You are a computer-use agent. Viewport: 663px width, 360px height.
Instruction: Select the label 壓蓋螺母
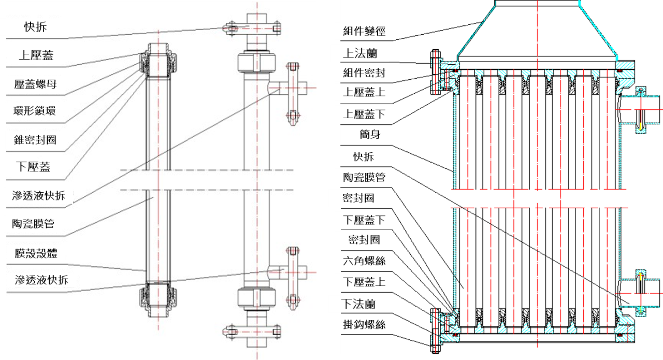click(x=36, y=83)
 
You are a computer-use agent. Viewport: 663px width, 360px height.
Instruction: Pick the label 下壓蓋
click(x=34, y=167)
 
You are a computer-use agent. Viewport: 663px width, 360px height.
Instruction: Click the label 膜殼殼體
click(x=36, y=253)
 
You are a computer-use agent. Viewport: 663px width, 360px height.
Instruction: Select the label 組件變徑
click(x=364, y=32)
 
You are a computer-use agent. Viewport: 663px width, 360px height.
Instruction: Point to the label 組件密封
click(x=364, y=73)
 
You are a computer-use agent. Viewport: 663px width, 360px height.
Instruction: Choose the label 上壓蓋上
click(x=364, y=93)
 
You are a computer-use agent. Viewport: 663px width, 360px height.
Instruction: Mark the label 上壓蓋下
click(x=364, y=114)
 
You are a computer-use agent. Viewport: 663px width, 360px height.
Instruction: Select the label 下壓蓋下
click(x=364, y=220)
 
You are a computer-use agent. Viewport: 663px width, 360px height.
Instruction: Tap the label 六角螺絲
click(x=364, y=261)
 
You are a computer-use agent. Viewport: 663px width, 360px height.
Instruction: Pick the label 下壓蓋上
click(x=364, y=282)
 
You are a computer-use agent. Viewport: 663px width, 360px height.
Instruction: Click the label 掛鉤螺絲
click(x=364, y=325)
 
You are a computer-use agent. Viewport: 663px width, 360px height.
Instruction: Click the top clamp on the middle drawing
click(x=252, y=28)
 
